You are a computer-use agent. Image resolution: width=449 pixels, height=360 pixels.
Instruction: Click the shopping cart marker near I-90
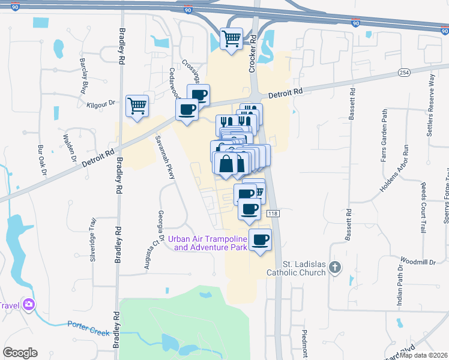tap(231, 39)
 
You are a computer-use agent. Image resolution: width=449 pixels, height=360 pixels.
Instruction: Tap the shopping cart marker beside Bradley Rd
tap(137, 107)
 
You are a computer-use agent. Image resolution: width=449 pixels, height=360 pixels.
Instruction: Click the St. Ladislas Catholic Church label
tap(304, 268)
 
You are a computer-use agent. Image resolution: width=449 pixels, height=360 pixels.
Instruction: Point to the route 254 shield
tap(403, 72)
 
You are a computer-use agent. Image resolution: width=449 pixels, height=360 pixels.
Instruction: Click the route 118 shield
tap(272, 214)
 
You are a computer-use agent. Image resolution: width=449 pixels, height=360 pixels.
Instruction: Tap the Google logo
tap(20, 353)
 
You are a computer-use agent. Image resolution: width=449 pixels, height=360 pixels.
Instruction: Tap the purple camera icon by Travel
tap(28, 305)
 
